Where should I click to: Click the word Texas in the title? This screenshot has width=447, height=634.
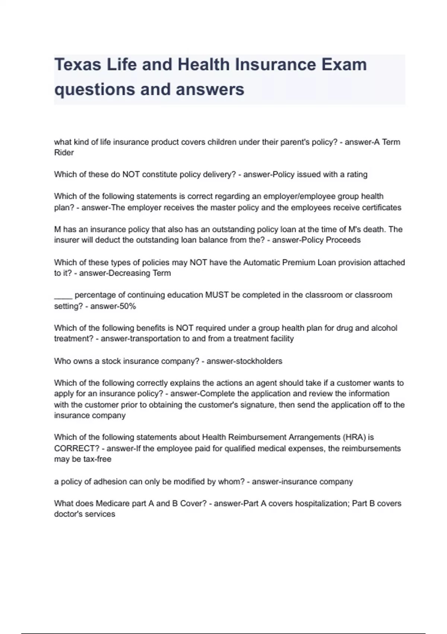[x=77, y=65]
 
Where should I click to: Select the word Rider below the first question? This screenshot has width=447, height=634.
[x=64, y=153]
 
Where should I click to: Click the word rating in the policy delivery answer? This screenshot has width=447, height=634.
[x=356, y=175]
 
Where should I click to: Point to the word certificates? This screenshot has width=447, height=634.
[x=380, y=208]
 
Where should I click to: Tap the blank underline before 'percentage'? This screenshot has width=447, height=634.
[x=63, y=295]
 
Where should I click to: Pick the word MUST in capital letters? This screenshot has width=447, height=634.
[x=217, y=295]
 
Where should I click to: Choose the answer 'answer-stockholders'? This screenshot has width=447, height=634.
[x=244, y=361]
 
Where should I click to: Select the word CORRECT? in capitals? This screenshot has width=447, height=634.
[x=76, y=448]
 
